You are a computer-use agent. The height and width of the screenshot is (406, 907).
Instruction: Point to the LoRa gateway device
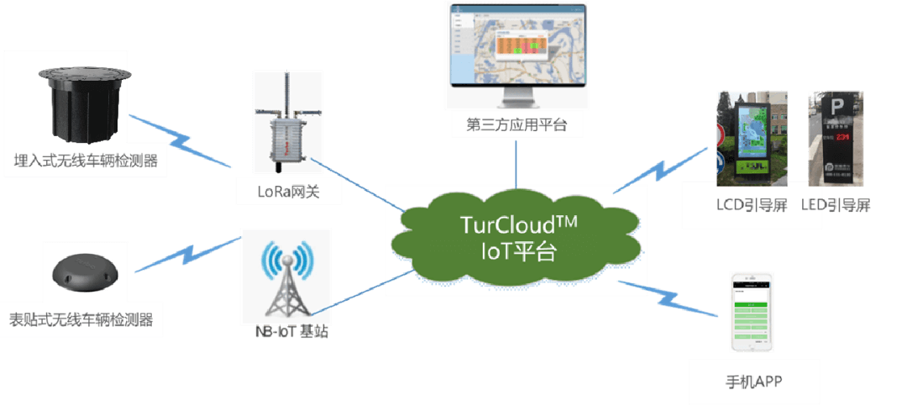(x=287, y=134)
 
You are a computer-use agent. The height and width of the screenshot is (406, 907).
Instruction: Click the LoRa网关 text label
(x=287, y=192)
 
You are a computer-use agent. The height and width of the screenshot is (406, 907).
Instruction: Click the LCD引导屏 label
(x=751, y=206)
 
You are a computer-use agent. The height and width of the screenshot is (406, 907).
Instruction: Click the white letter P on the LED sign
(x=836, y=108)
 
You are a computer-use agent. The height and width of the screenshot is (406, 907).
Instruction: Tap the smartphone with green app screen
(x=750, y=310)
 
